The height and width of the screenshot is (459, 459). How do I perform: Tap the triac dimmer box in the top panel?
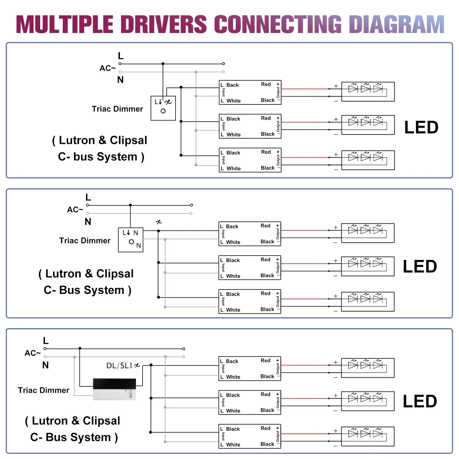163,108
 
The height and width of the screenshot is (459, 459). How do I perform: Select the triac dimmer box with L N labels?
131,240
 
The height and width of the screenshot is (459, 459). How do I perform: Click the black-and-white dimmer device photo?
114,389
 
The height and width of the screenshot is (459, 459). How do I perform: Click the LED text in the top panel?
421,127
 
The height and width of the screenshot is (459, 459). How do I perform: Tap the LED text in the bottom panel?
420,401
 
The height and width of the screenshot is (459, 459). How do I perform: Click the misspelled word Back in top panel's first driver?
232,85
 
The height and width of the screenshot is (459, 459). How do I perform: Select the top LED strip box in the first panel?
368,92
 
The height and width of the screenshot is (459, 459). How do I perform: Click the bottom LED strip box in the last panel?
367,436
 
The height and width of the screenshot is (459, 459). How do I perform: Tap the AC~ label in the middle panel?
75,210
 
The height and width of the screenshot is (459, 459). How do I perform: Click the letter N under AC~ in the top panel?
120,80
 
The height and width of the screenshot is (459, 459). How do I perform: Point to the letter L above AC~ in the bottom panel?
46,341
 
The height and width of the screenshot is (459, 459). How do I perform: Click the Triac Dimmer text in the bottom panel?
44,390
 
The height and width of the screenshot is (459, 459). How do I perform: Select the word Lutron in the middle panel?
63,274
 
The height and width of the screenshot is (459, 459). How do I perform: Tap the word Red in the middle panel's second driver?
265,260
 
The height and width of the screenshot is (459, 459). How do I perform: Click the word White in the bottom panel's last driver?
233,445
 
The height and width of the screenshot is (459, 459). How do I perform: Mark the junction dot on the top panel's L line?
163,64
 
